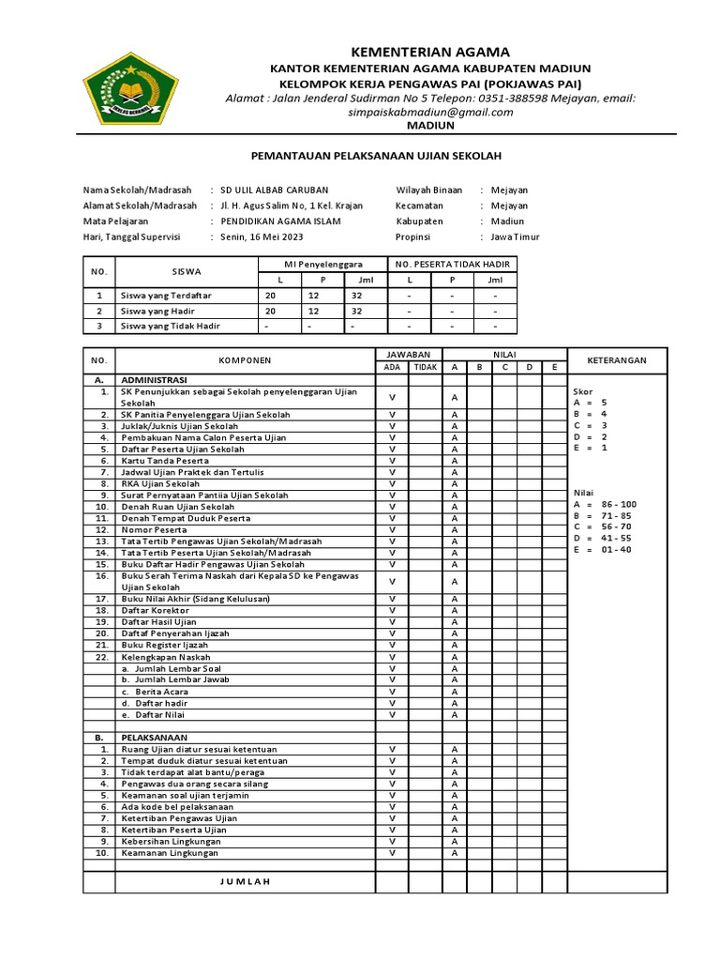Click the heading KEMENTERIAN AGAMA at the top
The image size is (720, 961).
pos(430,52)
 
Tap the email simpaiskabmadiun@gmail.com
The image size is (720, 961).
pos(430,112)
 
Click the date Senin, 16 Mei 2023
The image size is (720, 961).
pos(262,236)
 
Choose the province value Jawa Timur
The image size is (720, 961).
pos(516,236)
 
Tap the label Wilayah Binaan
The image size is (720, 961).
pos(429,190)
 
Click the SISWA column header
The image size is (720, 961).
pos(187,271)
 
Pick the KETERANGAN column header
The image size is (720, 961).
pos(616,360)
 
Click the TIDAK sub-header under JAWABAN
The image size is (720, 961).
pos(425,367)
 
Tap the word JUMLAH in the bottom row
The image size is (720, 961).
pos(245,881)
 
